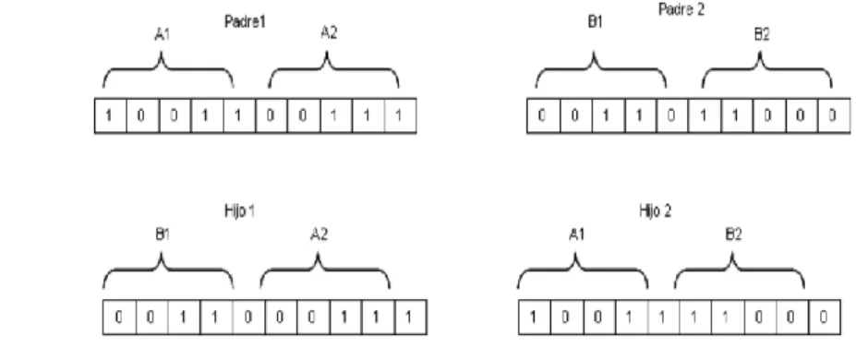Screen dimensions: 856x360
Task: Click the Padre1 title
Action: (x=245, y=22)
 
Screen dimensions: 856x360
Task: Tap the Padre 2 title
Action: (x=681, y=9)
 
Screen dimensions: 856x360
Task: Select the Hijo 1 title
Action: (x=240, y=211)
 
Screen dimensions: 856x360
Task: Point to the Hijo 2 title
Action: (x=655, y=211)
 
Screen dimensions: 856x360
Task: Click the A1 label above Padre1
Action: (x=163, y=35)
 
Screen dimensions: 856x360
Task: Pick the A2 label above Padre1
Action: (x=329, y=33)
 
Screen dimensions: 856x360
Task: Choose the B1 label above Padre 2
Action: (x=595, y=23)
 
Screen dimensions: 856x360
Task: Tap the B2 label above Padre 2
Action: (x=762, y=35)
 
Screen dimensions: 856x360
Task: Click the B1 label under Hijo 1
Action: (x=163, y=235)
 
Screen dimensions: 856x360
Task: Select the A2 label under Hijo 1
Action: (x=319, y=235)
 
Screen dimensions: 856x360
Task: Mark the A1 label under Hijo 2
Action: (x=576, y=235)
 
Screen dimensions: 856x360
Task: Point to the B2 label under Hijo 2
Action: (x=733, y=235)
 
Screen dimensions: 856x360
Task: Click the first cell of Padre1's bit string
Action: (x=111, y=115)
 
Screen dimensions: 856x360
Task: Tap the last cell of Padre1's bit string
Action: (x=400, y=115)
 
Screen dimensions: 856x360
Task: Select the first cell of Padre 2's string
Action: (x=543, y=115)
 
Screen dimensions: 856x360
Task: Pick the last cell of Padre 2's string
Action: (x=834, y=115)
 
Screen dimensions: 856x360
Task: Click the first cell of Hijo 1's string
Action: (x=119, y=317)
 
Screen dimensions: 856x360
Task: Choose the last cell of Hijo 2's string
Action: (x=825, y=317)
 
